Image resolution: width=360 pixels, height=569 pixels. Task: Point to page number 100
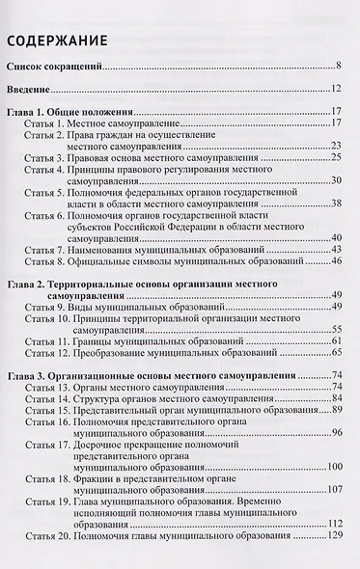[x=334, y=467]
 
